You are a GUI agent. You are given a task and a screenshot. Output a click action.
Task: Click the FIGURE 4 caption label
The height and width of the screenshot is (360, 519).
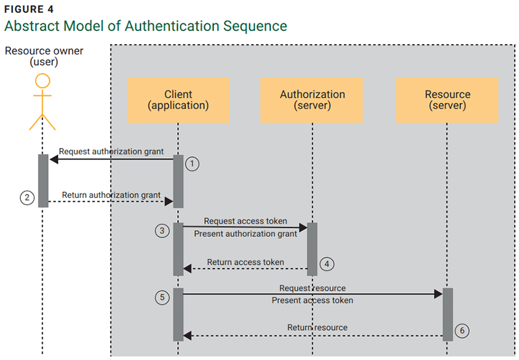click(x=30, y=9)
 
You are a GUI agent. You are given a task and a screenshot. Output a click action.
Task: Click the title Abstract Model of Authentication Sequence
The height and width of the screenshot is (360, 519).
click(x=145, y=26)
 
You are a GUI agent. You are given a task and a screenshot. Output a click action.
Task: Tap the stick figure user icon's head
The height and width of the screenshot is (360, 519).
click(x=43, y=81)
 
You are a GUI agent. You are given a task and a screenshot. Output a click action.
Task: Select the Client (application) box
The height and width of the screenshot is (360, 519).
click(x=178, y=100)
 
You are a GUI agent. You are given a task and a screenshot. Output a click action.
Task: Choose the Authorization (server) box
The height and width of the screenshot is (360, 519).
click(x=312, y=100)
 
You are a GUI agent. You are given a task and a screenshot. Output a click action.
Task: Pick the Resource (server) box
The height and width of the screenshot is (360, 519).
click(x=447, y=100)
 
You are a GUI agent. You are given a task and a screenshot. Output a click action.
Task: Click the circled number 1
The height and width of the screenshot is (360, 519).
click(x=191, y=164)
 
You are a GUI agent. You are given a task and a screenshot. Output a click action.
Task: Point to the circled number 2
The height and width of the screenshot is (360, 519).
click(x=27, y=198)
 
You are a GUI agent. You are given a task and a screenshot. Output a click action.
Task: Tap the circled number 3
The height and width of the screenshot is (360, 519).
click(x=162, y=230)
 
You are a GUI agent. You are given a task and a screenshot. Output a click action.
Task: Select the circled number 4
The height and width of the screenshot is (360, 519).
click(x=327, y=264)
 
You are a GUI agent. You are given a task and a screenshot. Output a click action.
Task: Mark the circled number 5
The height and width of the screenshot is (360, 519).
click(x=162, y=297)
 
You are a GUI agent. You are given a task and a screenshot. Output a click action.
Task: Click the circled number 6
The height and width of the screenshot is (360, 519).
click(x=461, y=330)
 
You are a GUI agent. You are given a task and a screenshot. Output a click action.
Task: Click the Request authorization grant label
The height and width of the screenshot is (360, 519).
click(x=111, y=152)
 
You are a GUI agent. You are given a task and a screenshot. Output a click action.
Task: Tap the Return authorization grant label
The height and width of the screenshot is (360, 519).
click(x=111, y=195)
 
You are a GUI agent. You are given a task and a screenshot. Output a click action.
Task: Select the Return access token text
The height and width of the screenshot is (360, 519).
click(x=245, y=263)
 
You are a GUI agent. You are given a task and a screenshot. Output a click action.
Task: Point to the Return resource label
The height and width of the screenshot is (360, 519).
click(x=317, y=328)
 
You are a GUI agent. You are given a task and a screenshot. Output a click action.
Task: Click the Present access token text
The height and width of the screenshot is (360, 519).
click(x=312, y=300)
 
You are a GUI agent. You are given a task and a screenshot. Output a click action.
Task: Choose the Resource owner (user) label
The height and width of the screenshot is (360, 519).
click(x=43, y=56)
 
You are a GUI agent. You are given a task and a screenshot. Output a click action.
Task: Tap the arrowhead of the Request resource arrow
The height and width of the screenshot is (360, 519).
click(x=438, y=294)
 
